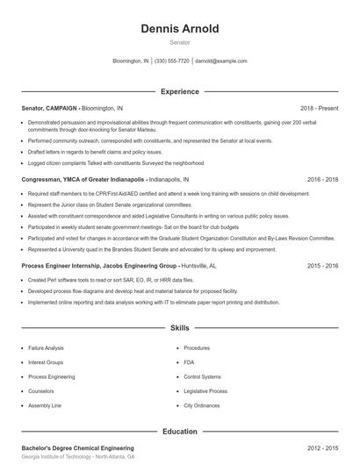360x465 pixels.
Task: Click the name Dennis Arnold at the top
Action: [x=179, y=28]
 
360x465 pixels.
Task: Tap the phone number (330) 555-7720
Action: [x=171, y=61]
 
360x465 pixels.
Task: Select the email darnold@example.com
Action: [x=220, y=61]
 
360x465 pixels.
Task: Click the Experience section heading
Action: [x=179, y=91]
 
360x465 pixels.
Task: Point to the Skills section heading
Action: [x=179, y=327]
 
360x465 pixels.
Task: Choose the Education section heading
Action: [x=179, y=431]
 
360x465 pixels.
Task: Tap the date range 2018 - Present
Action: [x=319, y=107]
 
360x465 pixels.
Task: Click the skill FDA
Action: [x=189, y=362]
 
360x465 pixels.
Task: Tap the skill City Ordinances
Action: [x=200, y=406]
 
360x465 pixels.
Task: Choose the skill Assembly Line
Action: [x=46, y=406]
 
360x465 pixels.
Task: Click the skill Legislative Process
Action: [x=205, y=391]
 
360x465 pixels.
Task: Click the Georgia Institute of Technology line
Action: [x=78, y=457]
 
